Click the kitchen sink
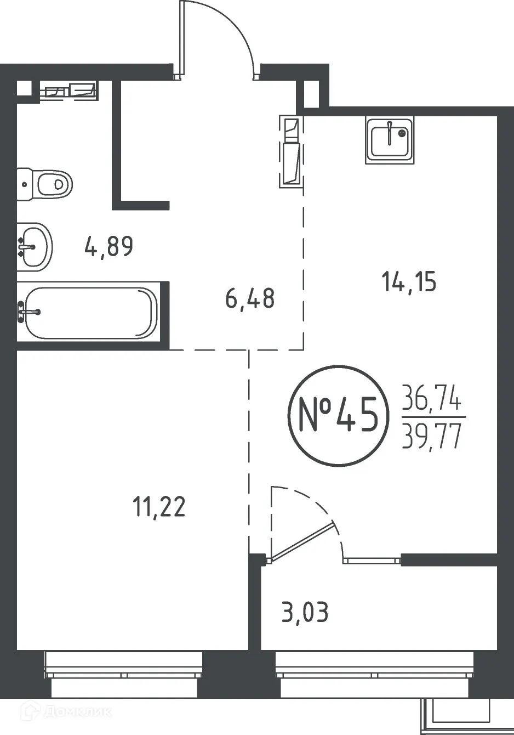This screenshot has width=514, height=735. pyautogui.click(x=390, y=140)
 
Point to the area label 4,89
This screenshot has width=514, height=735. pyautogui.click(x=109, y=247)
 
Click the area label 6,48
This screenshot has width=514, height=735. pyautogui.click(x=250, y=299)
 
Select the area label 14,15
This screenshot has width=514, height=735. pyautogui.click(x=409, y=282)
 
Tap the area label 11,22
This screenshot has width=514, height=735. pyautogui.click(x=159, y=506)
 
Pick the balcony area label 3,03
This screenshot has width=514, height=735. pyautogui.click(x=305, y=612)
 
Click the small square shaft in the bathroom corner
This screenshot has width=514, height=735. pyautogui.click(x=24, y=88)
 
